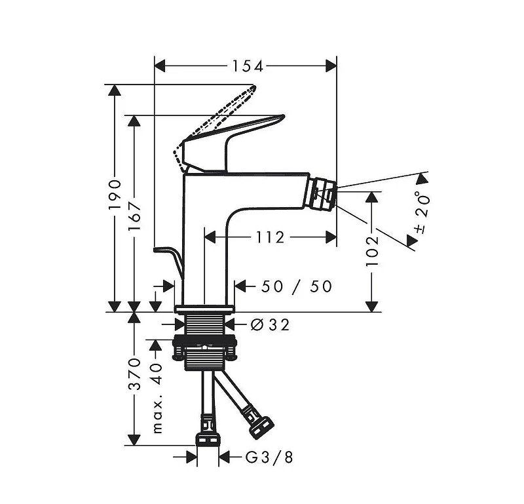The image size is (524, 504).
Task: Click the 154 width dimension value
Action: pyautogui.click(x=248, y=66)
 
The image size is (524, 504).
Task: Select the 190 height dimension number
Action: pyautogui.click(x=115, y=195)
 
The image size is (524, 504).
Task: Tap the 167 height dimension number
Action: pyautogui.click(x=135, y=215)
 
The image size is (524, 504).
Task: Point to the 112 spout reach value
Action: pyautogui.click(x=270, y=237)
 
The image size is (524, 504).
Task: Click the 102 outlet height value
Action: pyautogui.click(x=372, y=251)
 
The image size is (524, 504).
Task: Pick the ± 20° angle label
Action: pyautogui.click(x=421, y=212)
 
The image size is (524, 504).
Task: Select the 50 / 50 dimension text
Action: pyautogui.click(x=297, y=286)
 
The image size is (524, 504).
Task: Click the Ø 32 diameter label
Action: pyautogui.click(x=270, y=324)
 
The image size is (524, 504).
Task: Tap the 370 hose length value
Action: pyautogui.click(x=135, y=374)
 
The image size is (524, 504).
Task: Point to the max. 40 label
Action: pyautogui.click(x=157, y=398)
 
